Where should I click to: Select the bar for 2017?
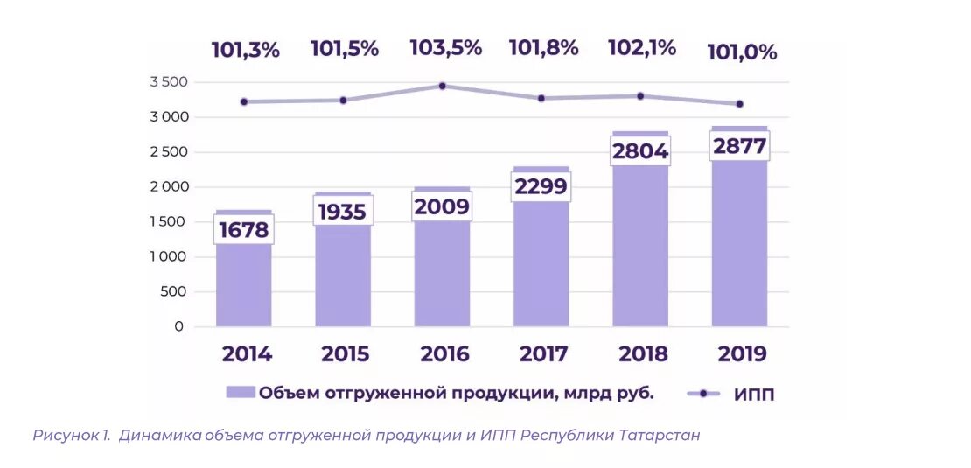tap(541, 262)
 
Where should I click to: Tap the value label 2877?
tap(739, 146)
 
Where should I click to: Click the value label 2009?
tap(442, 206)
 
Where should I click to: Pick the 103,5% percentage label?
tap(445, 48)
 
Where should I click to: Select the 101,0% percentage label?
tap(743, 52)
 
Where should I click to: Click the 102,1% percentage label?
tap(642, 48)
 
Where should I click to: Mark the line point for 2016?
tap(442, 86)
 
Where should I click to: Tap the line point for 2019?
tap(740, 104)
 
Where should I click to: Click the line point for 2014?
tap(244, 101)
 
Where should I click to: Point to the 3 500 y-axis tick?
tap(169, 82)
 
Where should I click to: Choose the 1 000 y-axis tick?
tap(169, 257)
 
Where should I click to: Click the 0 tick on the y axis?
tap(178, 327)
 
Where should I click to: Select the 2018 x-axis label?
tap(643, 354)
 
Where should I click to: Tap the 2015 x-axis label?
tap(345, 354)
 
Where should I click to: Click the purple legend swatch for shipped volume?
tap(240, 393)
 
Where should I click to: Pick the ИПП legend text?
tap(754, 395)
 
